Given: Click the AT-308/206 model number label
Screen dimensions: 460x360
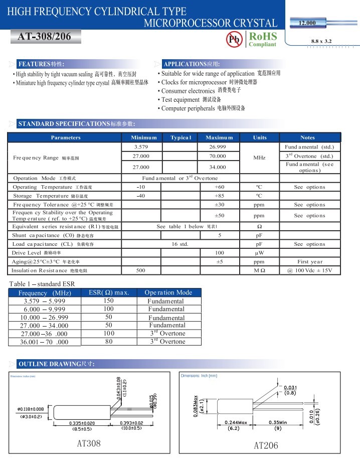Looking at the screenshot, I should click(44, 37).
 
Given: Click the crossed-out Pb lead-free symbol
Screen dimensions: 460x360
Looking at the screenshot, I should click(234, 40).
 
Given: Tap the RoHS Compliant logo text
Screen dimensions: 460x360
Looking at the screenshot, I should click(263, 39).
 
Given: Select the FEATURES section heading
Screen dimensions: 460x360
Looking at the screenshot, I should click(41, 64).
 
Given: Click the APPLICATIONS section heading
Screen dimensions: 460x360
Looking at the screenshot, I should click(192, 64).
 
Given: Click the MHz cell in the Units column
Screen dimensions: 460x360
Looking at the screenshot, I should click(259, 158).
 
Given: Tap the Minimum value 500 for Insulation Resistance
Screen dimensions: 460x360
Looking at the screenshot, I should click(141, 270).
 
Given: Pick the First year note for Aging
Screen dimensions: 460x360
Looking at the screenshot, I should click(309, 262).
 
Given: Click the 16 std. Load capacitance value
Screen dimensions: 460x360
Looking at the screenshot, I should click(180, 244).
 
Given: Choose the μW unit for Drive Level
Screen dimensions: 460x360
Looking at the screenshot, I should click(259, 253).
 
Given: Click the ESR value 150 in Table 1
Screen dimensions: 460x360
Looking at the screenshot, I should click(109, 301).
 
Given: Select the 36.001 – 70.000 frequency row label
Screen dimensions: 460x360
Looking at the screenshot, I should click(45, 342).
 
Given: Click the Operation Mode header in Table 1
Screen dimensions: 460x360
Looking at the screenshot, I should click(168, 292).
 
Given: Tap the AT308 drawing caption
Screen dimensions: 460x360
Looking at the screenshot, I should click(89, 443).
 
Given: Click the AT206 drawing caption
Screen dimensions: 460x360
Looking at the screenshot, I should click(266, 445).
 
